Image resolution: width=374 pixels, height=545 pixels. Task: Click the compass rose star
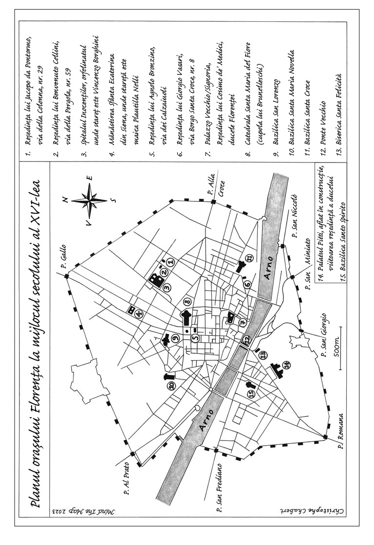tap(89, 200)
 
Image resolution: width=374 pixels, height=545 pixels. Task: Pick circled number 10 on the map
tap(171, 386)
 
